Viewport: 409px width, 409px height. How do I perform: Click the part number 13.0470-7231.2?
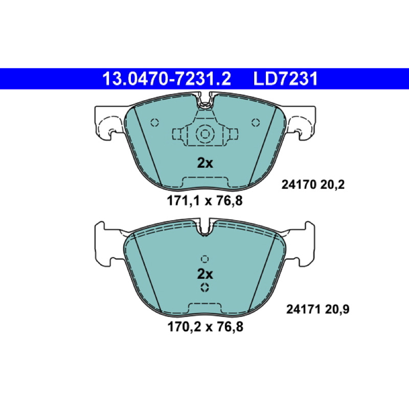click(167, 79)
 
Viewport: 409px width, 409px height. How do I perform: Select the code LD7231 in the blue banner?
click(286, 79)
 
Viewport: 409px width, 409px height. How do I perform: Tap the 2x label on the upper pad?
click(205, 163)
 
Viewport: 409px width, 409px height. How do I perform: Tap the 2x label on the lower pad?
click(205, 274)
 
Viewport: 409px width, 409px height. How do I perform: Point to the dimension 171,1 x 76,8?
click(205, 201)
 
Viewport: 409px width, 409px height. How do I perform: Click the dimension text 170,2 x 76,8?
click(206, 327)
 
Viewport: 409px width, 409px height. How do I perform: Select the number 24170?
click(299, 185)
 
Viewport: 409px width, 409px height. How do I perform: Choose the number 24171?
click(303, 310)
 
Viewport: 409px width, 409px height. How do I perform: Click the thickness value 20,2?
click(332, 185)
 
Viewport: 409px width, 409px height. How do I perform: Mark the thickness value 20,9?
click(337, 310)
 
